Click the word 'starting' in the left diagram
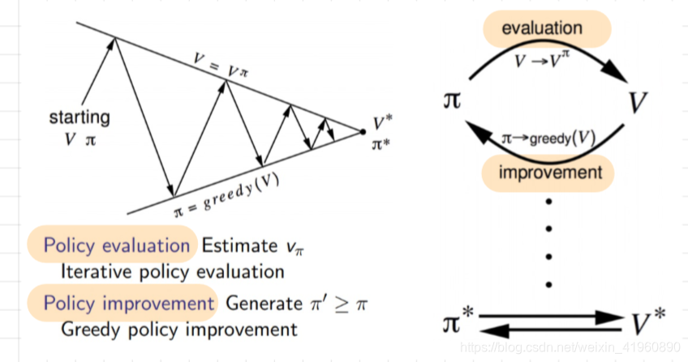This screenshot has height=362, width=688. [80, 117]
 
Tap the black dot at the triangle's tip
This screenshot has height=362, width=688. [363, 130]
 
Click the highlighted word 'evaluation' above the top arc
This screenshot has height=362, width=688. [542, 28]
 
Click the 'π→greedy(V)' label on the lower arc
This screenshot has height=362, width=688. [548, 139]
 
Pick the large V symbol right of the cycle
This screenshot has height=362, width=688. [639, 102]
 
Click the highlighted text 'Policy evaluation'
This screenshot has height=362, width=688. [116, 245]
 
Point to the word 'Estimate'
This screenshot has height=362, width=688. [234, 245]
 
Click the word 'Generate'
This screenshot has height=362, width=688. [264, 304]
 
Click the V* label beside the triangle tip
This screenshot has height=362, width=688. [383, 123]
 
